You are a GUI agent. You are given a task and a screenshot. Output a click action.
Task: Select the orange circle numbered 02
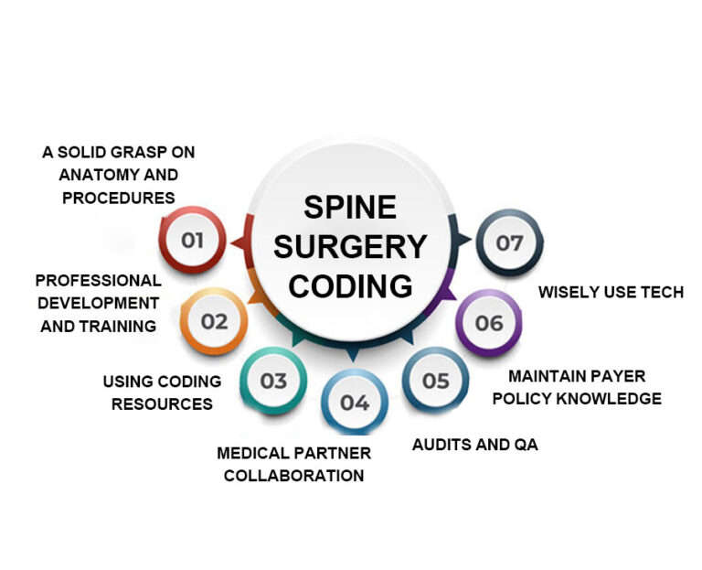click(x=214, y=322)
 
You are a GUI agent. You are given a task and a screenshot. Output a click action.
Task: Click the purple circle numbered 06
click(x=489, y=323)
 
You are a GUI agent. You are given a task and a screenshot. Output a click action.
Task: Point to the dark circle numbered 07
click(x=509, y=242)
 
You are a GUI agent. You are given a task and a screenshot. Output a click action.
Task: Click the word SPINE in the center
click(x=350, y=207)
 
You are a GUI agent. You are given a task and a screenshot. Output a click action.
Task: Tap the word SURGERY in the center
click(x=350, y=246)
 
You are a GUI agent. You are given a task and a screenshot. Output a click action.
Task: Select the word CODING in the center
click(x=350, y=285)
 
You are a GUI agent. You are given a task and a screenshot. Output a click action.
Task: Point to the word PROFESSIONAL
click(x=99, y=280)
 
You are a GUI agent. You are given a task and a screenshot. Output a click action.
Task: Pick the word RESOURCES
click(x=162, y=403)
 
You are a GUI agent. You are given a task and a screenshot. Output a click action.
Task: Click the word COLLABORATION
click(x=293, y=475)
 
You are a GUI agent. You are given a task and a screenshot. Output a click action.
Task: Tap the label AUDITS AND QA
click(x=474, y=445)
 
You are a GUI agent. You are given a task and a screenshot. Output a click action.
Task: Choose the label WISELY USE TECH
click(x=611, y=293)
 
